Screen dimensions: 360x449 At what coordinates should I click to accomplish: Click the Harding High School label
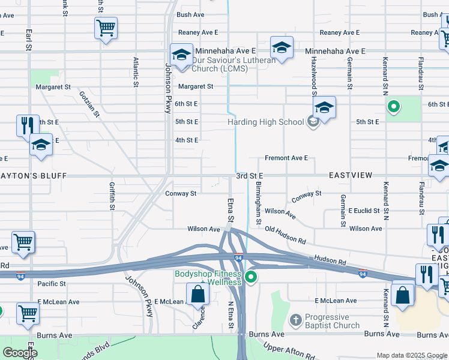point(266,122)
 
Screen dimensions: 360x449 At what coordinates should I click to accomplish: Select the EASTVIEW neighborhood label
point(351,175)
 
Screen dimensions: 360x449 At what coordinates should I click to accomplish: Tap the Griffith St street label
point(112,197)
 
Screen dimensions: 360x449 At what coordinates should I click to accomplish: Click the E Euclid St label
point(364,211)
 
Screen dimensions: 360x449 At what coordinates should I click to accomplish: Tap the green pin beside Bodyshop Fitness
point(252,277)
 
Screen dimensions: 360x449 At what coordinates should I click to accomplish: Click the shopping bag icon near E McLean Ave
point(197,295)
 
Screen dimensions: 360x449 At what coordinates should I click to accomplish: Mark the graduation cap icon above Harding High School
point(324,107)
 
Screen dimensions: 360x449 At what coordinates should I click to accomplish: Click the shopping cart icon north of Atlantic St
point(106,28)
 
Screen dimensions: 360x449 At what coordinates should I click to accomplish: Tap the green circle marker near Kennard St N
point(394,108)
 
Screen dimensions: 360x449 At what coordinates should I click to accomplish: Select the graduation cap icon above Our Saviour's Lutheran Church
point(181,55)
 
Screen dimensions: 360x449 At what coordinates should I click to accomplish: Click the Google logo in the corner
point(19,353)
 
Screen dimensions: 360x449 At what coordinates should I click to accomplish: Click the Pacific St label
point(51,284)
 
